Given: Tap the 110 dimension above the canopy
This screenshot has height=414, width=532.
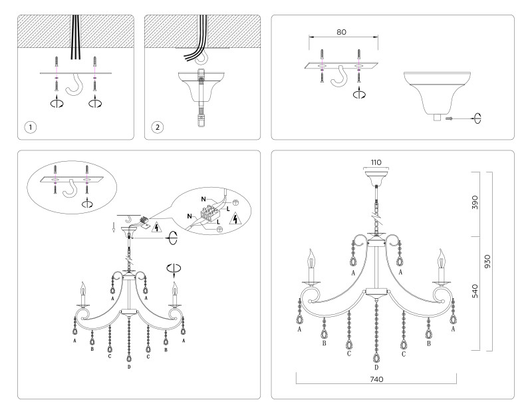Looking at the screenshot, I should point(377,162).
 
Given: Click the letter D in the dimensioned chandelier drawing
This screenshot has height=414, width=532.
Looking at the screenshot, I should point(376,367).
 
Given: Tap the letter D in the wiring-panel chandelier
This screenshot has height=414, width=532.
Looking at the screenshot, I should point(128,367).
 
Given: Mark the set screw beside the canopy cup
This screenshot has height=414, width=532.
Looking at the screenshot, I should point(450,118).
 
